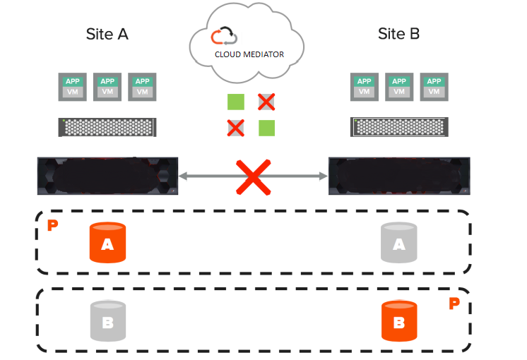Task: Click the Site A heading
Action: pos(107,34)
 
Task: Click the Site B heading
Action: pos(398,34)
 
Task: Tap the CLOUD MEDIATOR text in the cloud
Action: pos(249,54)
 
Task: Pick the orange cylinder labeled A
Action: pos(107,243)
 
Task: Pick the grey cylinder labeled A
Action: pos(398,243)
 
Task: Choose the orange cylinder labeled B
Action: pos(398,321)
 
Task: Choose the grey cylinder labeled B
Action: pos(107,321)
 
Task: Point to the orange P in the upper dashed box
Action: pos(52,226)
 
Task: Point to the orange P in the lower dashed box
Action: pos(454,304)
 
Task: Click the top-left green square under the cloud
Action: pos(236,102)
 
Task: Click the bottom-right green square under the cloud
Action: pos(266,128)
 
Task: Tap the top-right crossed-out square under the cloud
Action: pos(266,102)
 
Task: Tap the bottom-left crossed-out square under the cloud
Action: pos(236,128)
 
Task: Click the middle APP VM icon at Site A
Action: pos(107,86)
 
